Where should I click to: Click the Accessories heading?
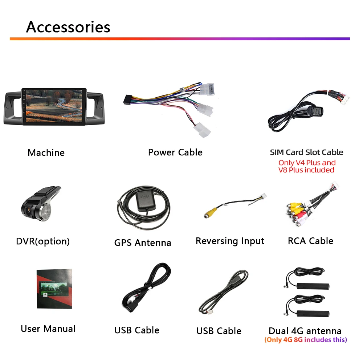[x=68, y=27]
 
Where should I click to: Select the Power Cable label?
[x=175, y=152]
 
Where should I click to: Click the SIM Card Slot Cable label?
[x=306, y=152]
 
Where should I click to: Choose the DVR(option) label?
[x=43, y=241]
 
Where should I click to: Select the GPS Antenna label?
[x=143, y=242]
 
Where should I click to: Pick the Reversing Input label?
[x=230, y=241]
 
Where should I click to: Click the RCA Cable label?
[x=310, y=241]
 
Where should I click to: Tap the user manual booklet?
[x=54, y=289]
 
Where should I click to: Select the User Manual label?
[x=48, y=329]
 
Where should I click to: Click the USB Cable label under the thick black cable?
[x=136, y=330]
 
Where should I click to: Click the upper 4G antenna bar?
[x=313, y=285]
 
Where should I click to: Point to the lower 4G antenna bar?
[x=313, y=314]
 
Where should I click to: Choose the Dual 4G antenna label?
[x=305, y=331]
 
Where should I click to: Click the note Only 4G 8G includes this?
[x=306, y=340]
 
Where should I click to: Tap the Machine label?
[x=46, y=152]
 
